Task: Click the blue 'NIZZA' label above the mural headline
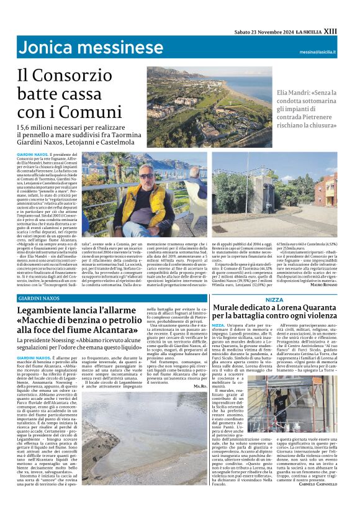click(x=274, y=300)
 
